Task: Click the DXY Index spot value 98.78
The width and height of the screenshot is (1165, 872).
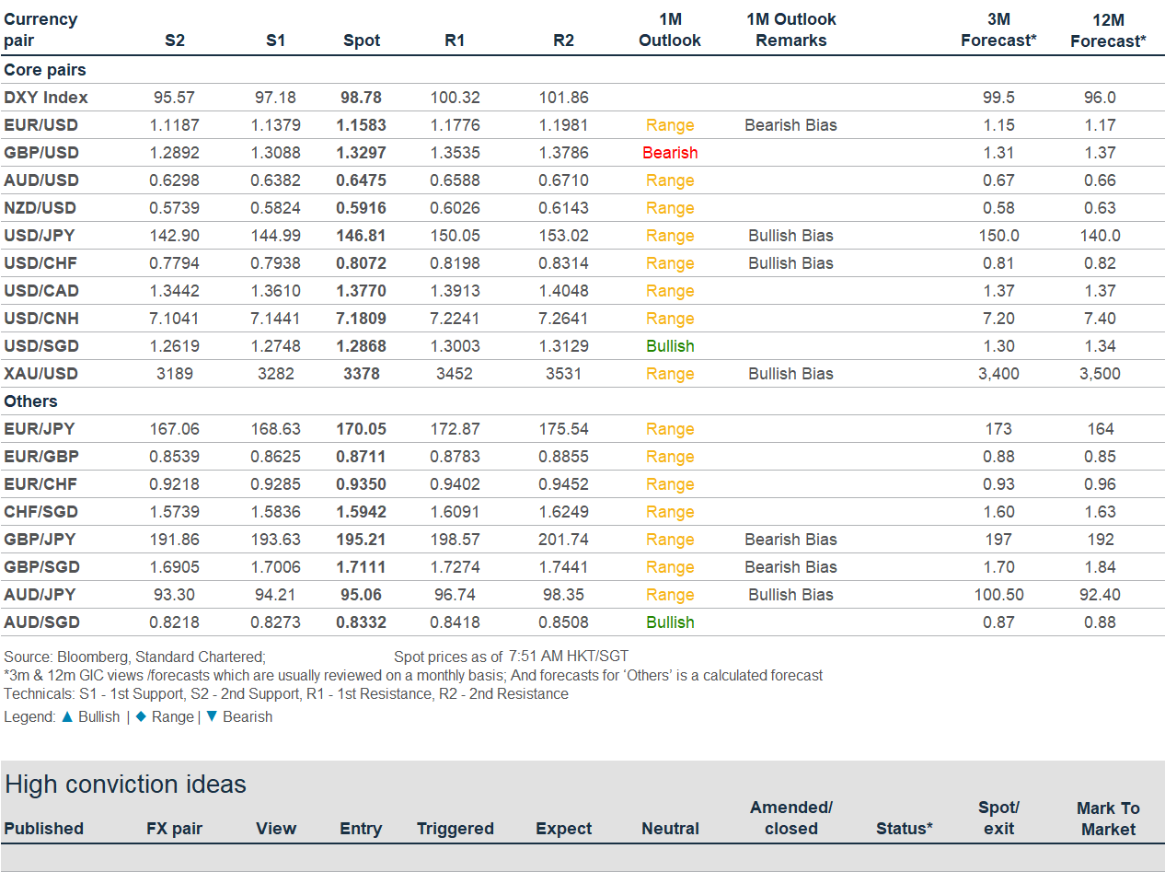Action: pos(362,98)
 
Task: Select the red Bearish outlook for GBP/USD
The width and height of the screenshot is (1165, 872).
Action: pos(670,153)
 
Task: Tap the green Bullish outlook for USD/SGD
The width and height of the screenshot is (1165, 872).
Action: pos(670,346)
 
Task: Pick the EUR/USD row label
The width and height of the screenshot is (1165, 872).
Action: pos(40,125)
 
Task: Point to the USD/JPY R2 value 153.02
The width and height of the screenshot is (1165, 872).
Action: pos(563,236)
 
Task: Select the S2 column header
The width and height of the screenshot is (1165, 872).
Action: pos(175,41)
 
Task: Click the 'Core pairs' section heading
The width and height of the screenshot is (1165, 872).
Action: pos(45,70)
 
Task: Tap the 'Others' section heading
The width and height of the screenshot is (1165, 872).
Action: pos(30,401)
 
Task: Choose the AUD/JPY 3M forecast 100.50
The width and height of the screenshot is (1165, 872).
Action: pos(998,595)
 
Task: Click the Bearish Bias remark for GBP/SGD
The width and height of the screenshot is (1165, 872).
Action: pos(790,567)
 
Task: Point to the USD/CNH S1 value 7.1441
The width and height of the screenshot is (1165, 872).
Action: pos(274,319)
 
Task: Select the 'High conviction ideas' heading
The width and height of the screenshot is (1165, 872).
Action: pos(125,785)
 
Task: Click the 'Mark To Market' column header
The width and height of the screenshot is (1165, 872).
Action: pos(1108,819)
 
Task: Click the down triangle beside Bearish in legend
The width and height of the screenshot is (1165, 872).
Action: pos(212,716)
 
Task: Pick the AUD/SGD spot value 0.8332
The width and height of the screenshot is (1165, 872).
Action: pos(362,622)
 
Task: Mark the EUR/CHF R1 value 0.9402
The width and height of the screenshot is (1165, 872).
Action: pos(455,484)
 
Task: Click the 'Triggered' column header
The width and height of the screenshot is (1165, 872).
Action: pos(455,829)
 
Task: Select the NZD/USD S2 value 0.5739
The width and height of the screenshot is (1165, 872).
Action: pos(175,208)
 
